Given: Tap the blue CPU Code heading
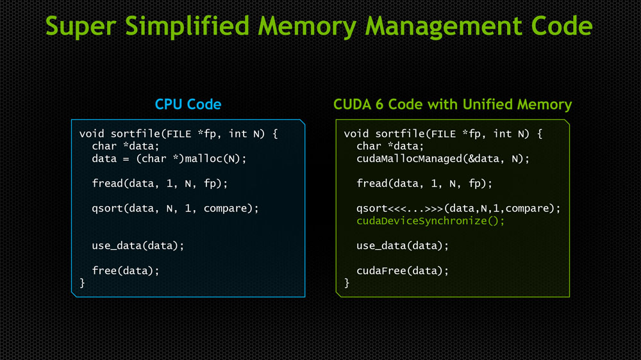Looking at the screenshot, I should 188,104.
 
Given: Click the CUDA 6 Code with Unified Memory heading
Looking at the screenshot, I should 453,104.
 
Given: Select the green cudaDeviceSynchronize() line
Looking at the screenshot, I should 431,221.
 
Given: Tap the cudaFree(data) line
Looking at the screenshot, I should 403,270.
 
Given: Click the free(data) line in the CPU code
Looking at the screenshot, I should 126,270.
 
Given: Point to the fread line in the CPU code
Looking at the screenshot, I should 160,184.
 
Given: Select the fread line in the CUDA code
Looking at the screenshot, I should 424,184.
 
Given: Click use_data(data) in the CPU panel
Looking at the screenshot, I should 138,245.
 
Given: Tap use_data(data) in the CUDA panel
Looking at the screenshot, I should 403,245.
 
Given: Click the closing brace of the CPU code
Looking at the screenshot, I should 82,282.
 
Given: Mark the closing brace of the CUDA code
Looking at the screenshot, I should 347,282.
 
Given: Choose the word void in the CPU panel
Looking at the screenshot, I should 92,134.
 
